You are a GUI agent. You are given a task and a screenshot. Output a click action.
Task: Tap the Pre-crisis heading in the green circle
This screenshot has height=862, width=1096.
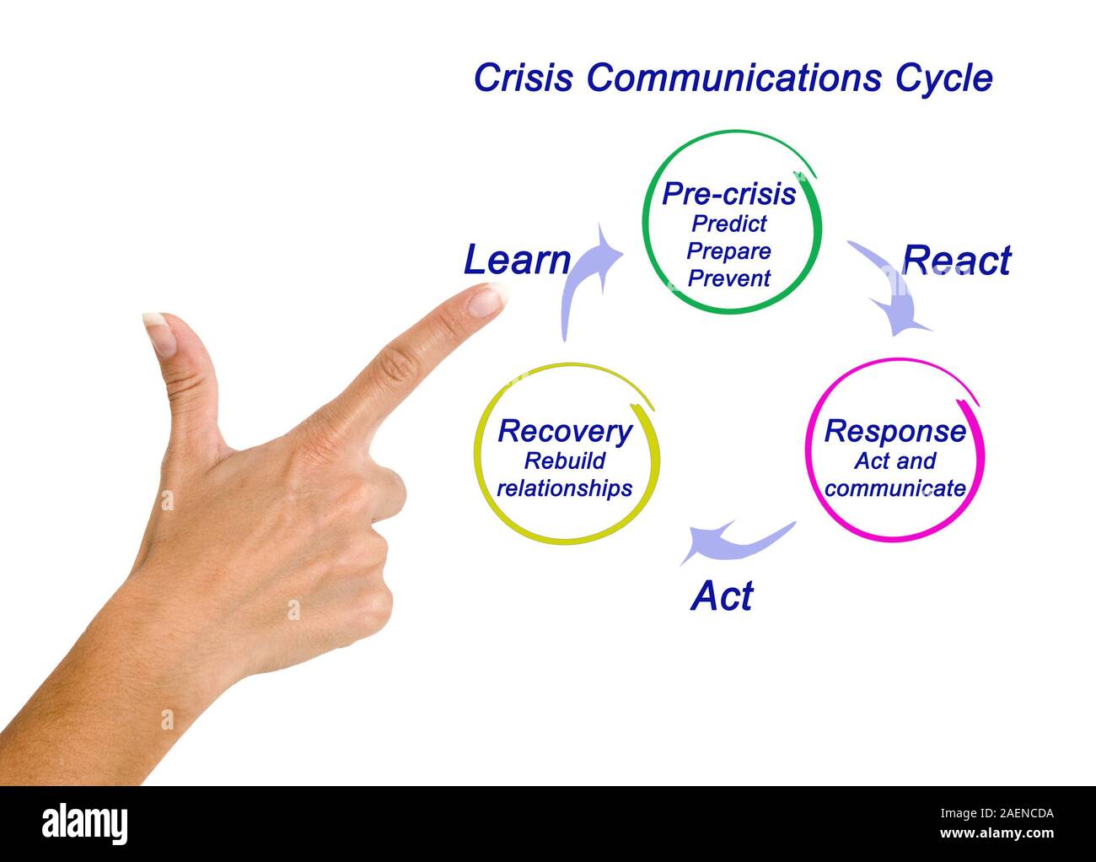pos(728,194)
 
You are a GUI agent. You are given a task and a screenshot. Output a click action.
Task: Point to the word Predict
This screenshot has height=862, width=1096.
pos(729,224)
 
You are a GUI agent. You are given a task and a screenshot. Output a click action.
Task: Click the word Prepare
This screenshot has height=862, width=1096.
pos(729,251)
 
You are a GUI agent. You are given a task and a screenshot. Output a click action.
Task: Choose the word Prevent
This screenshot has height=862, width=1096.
pos(729,277)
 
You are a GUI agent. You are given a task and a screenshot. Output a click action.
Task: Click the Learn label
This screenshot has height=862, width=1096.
pos(517,260)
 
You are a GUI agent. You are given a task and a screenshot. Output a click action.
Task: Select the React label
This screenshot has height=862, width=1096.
pos(956,261)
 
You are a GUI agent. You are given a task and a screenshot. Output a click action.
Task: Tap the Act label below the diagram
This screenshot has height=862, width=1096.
pos(722,596)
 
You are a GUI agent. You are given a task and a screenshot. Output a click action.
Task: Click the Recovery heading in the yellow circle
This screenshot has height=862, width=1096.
pos(565,431)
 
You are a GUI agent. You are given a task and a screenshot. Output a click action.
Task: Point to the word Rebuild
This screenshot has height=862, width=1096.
pos(565,461)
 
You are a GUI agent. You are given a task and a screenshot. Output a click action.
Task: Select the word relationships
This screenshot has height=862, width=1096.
pos(565,488)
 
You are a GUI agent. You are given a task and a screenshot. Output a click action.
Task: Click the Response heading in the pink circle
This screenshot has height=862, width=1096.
pos(895,431)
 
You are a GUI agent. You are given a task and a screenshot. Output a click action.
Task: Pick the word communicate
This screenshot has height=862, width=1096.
pos(895,488)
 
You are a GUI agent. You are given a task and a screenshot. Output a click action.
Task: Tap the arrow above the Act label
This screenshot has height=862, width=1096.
pos(733,541)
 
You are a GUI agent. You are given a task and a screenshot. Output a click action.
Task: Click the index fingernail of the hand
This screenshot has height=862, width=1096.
pos(487,300)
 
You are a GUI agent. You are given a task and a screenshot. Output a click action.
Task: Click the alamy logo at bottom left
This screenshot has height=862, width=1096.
pos(85,823)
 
